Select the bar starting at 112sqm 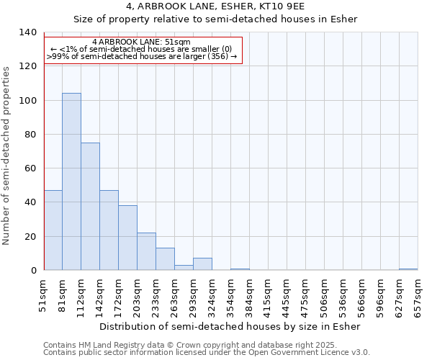90,207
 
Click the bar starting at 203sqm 146,251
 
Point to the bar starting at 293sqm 202,264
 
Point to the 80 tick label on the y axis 30,135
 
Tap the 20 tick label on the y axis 30,237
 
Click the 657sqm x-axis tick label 418,296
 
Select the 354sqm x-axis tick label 231,296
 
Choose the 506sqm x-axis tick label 325,296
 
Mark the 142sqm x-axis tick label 100,296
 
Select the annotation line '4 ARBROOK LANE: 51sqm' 142,42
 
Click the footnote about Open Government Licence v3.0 207,353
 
